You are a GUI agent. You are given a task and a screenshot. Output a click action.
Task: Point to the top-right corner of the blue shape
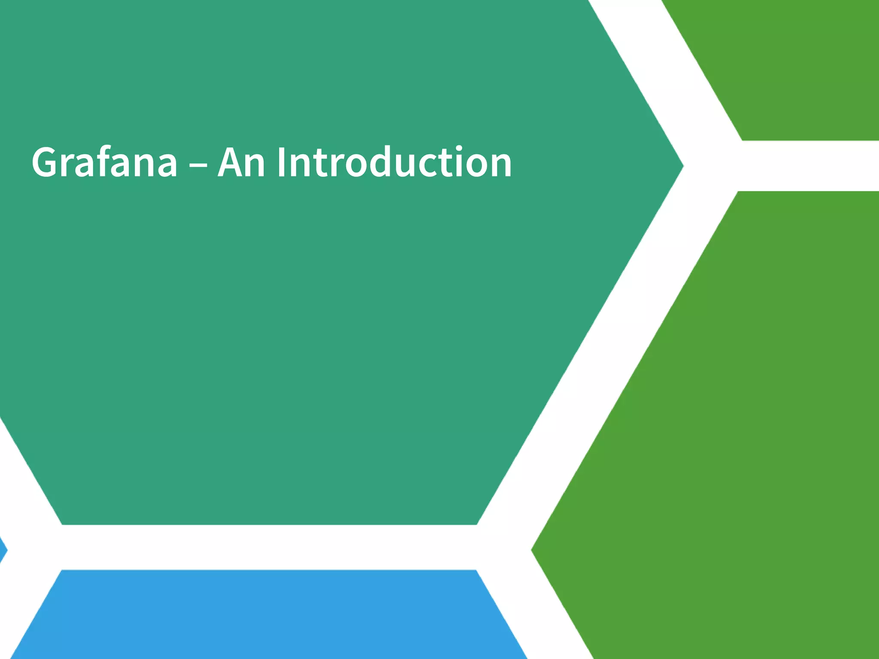click(475, 571)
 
